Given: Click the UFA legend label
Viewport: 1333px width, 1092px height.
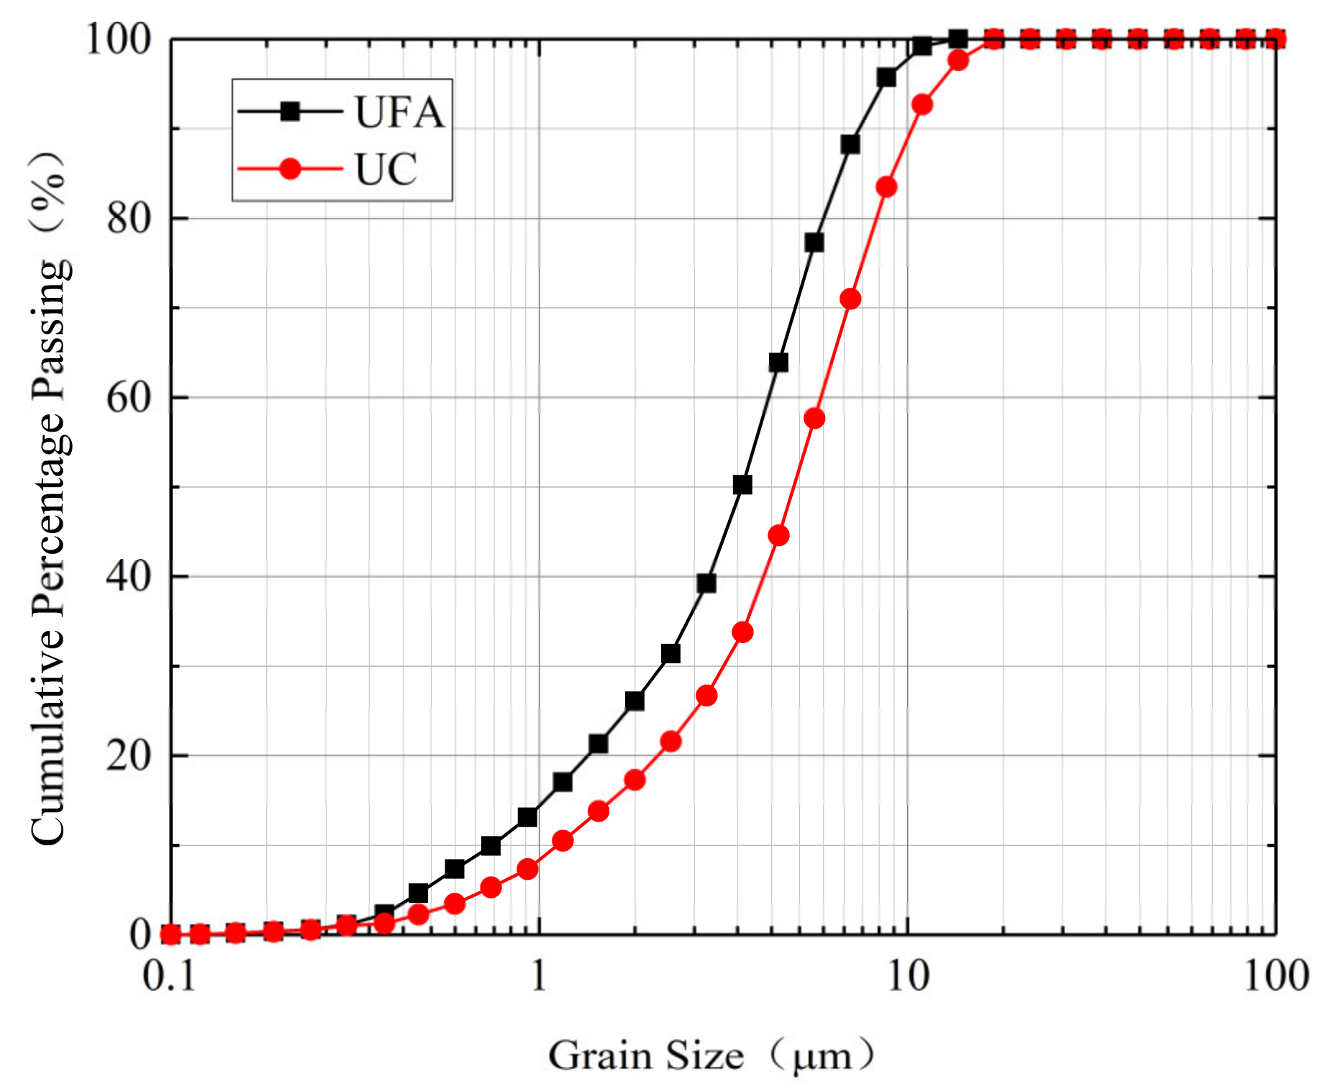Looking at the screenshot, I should click(x=399, y=112).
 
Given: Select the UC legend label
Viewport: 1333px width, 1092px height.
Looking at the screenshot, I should click(x=386, y=170).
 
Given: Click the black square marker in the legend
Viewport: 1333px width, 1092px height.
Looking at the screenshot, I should click(x=290, y=112).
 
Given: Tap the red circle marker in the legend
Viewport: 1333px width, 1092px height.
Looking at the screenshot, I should click(x=290, y=169).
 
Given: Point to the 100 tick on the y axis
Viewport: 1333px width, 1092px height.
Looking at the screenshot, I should click(x=119, y=39).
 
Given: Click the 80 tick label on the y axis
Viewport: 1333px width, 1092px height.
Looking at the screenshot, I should click(x=129, y=218).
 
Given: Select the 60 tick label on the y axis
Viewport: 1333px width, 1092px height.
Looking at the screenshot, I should click(x=129, y=397).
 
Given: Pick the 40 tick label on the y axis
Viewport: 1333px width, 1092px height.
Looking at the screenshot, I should click(x=129, y=576).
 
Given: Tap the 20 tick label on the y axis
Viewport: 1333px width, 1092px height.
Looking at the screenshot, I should click(x=129, y=755).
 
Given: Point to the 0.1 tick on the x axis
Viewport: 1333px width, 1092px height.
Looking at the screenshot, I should click(x=170, y=977).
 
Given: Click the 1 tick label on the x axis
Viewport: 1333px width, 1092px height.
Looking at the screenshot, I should click(x=539, y=977).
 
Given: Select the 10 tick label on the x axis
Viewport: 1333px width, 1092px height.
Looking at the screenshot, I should click(x=908, y=977).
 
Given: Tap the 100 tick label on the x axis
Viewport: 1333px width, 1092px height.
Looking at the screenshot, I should click(x=1276, y=977).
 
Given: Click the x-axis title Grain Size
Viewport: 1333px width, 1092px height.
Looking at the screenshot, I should click(x=645, y=1056).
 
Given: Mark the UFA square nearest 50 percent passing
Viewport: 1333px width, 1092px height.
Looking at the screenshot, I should click(x=742, y=485).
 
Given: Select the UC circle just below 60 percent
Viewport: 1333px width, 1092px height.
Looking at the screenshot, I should click(x=814, y=419).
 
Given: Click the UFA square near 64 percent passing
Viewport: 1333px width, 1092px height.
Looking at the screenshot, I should click(x=778, y=363).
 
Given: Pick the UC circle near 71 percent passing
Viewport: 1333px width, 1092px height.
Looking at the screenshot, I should click(x=850, y=299).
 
